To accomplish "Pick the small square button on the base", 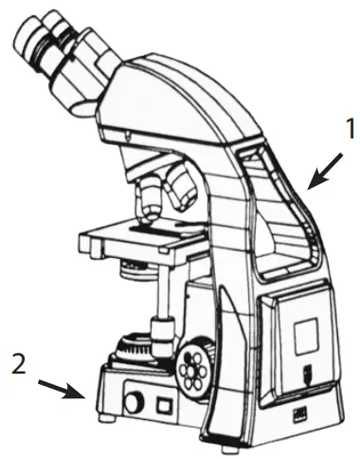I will point(162,405).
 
